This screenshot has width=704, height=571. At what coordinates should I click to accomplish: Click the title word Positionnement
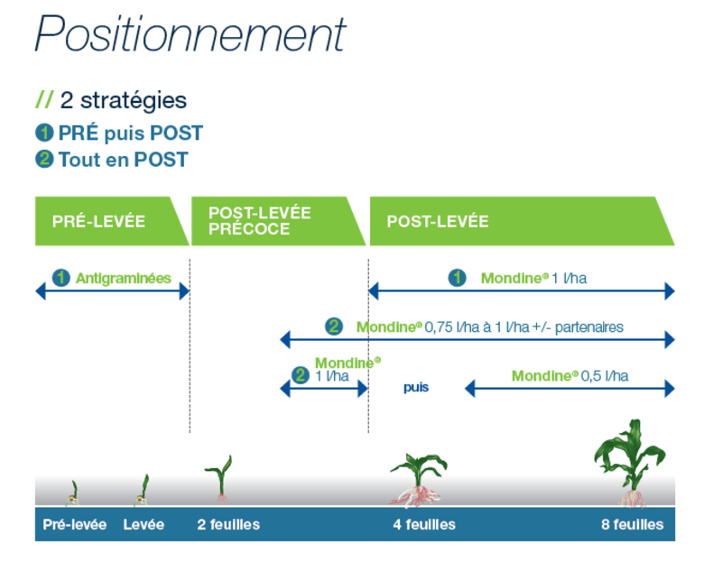pyautogui.click(x=190, y=33)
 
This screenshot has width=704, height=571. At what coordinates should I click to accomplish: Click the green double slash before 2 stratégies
pyautogui.click(x=44, y=99)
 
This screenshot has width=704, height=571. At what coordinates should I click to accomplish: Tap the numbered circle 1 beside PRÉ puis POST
pyautogui.click(x=44, y=133)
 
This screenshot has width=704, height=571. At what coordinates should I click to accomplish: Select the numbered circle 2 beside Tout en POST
pyautogui.click(x=44, y=159)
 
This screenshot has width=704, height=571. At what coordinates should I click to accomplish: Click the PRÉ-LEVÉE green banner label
pyautogui.click(x=98, y=221)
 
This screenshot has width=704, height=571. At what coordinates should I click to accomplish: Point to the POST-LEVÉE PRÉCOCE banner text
pyautogui.click(x=260, y=221)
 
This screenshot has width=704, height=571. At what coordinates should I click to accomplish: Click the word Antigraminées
pyautogui.click(x=124, y=279)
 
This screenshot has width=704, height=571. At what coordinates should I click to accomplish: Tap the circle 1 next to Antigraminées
pyautogui.click(x=61, y=278)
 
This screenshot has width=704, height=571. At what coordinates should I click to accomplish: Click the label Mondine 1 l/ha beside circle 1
pyautogui.click(x=533, y=279)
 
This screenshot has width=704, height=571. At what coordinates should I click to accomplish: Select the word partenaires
pyautogui.click(x=589, y=327)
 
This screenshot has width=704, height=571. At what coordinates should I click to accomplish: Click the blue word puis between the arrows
pyautogui.click(x=416, y=387)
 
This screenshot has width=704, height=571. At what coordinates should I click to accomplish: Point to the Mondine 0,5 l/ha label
pyautogui.click(x=570, y=376)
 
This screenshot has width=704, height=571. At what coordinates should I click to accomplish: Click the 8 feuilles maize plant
pyautogui.click(x=631, y=463)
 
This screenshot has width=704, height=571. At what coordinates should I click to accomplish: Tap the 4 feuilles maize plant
pyautogui.click(x=419, y=480)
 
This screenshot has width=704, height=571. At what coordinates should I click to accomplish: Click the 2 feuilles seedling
pyautogui.click(x=220, y=478)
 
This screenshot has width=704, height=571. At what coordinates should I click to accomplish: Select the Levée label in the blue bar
pyautogui.click(x=144, y=524)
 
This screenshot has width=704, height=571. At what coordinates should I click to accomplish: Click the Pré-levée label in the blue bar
pyautogui.click(x=75, y=524)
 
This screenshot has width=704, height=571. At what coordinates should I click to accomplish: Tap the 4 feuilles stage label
pyautogui.click(x=424, y=524)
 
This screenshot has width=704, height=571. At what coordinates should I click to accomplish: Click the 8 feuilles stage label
pyautogui.click(x=632, y=524)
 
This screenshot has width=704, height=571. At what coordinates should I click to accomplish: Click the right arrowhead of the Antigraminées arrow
pyautogui.click(x=184, y=290)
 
